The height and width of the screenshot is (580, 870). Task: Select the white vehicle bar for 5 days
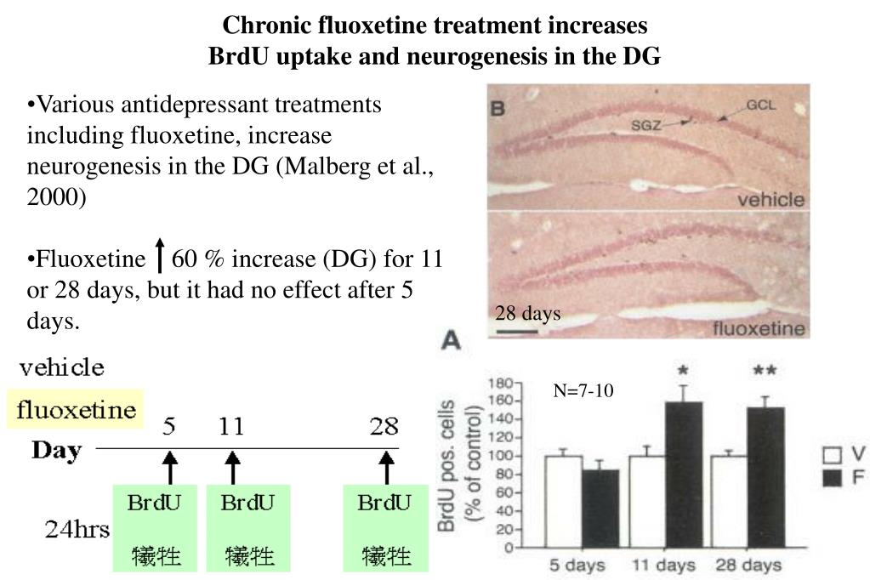564,502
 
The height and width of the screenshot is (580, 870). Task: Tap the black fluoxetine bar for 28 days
765,477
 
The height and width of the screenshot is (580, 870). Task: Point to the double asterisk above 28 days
765,372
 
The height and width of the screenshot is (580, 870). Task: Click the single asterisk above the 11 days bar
683,372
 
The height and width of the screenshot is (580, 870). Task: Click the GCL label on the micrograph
760,105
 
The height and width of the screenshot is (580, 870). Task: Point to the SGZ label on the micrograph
645,126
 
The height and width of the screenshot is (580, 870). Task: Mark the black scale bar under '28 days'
516,330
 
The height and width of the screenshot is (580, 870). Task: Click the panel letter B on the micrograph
500,107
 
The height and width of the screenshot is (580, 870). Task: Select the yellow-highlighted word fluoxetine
77,411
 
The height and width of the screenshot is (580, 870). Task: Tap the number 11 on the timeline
231,426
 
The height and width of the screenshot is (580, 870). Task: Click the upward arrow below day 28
386,467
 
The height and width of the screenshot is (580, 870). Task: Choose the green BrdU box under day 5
155,527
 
